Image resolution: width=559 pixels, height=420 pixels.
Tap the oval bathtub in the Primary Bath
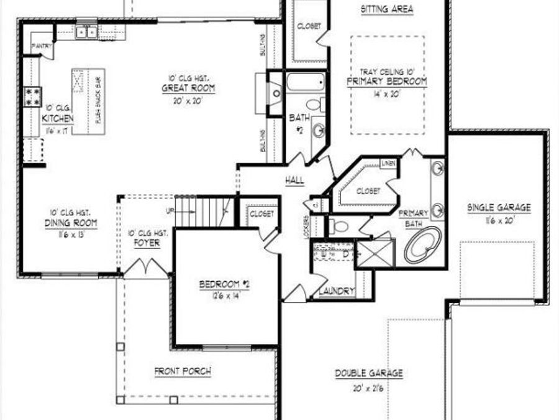click(x=423, y=245)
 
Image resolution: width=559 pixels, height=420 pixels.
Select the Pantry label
click(x=42, y=45)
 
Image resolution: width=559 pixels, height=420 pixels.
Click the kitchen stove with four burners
click(x=32, y=95)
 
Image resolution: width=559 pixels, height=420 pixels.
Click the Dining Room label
click(x=64, y=223)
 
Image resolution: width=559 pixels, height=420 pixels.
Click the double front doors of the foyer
click(x=145, y=268)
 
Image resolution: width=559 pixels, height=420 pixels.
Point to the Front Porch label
click(x=183, y=371)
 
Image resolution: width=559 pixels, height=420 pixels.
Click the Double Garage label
click(x=369, y=373)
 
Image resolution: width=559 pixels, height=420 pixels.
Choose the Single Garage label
click(x=499, y=208)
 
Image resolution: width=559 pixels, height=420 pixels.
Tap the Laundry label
click(x=336, y=291)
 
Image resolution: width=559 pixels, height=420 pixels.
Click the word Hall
click(x=294, y=180)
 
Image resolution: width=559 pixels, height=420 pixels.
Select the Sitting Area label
click(x=386, y=9)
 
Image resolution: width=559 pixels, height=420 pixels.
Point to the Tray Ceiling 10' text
click(x=388, y=71)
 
